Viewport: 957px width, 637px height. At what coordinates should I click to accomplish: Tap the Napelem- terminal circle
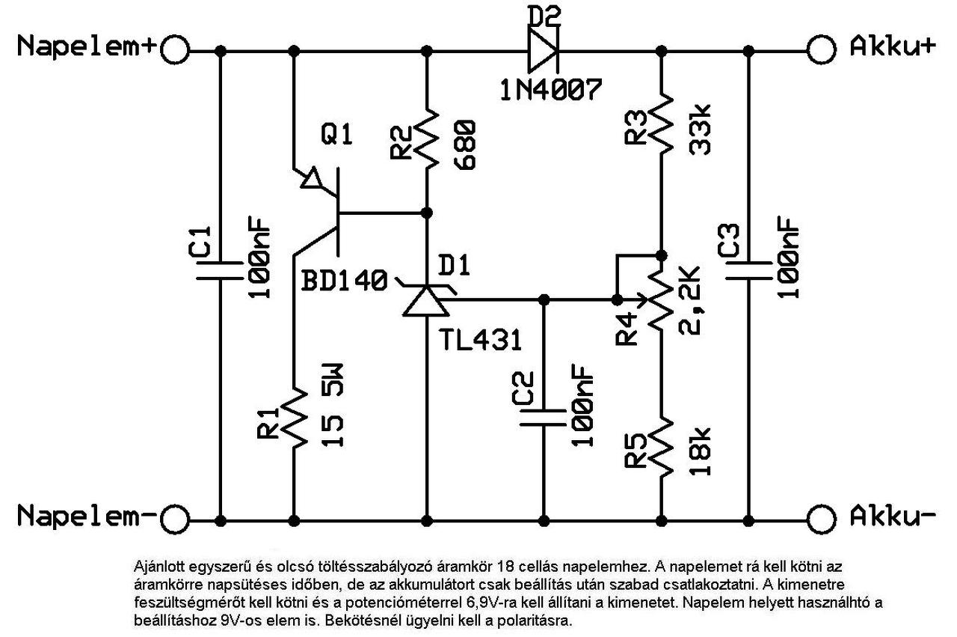[x=173, y=517]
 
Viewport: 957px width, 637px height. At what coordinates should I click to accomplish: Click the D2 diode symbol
[x=542, y=50]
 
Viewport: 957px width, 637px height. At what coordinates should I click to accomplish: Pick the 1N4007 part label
[x=550, y=90]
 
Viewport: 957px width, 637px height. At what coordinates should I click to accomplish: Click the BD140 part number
[x=345, y=282]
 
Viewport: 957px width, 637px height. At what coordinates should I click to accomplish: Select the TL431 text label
[x=481, y=341]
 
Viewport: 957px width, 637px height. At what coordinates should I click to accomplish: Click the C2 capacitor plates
[x=544, y=415]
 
